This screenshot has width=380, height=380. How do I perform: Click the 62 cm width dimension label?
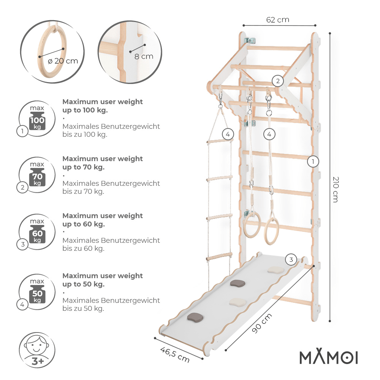pyautogui.click(x=277, y=20)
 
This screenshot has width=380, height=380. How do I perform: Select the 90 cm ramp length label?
pyautogui.click(x=262, y=324)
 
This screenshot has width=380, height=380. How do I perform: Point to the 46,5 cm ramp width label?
pyautogui.click(x=175, y=354)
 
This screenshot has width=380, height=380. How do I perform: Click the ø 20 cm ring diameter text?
pyautogui.click(x=63, y=60)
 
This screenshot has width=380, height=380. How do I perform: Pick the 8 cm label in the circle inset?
pyautogui.click(x=144, y=56)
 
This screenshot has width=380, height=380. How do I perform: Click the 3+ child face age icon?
pyautogui.click(x=37, y=349)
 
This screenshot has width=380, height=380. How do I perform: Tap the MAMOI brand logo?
pyautogui.click(x=328, y=357)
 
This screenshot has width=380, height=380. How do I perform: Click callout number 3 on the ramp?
pyautogui.click(x=291, y=260)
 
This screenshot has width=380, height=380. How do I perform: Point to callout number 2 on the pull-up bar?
pyautogui.click(x=278, y=81)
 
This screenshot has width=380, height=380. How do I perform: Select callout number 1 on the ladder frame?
pyautogui.click(x=313, y=161)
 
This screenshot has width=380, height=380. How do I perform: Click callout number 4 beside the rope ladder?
pyautogui.click(x=227, y=134)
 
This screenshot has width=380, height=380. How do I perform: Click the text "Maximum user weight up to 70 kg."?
pyautogui.click(x=103, y=163)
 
